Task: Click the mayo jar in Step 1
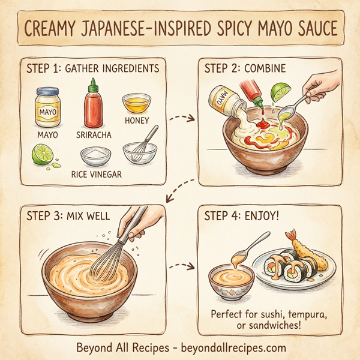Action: click(47, 107)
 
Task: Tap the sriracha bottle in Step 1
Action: click(93, 108)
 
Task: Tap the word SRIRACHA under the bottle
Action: click(94, 135)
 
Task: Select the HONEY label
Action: click(137, 120)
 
